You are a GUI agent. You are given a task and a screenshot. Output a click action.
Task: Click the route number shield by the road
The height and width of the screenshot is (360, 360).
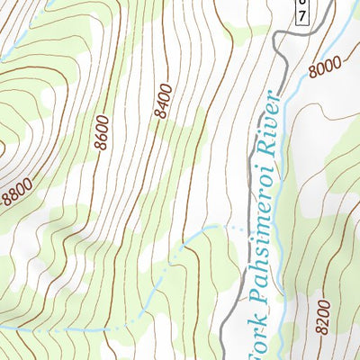pos(303,12)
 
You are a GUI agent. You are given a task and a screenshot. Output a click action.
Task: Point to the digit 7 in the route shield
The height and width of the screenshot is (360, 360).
pos(303,18)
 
